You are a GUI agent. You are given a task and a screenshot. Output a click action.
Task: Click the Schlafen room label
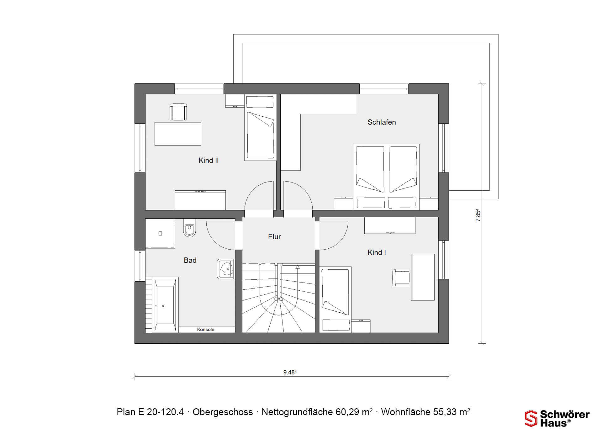(382, 122)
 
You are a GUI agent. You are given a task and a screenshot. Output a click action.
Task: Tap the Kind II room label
(209, 161)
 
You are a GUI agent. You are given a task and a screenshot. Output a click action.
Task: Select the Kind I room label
(377, 252)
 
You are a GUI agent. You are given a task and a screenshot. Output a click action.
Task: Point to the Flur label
(274, 237)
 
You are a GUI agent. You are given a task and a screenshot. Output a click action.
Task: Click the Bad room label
(190, 260)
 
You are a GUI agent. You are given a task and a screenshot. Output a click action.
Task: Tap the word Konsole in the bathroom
(206, 330)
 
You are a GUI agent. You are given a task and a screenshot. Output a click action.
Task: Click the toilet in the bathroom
(189, 228)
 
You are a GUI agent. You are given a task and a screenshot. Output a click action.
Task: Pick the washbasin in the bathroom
(226, 269)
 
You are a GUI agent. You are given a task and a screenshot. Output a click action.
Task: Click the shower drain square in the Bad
(160, 233)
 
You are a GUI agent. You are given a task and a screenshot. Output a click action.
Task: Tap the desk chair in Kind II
(178, 112)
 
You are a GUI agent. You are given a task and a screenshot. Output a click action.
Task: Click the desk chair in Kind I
(401, 278)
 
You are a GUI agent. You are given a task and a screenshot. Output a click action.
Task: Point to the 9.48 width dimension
(290, 373)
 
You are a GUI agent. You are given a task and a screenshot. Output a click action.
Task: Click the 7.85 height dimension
(478, 215)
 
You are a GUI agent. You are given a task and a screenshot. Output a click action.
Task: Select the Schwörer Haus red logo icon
(531, 419)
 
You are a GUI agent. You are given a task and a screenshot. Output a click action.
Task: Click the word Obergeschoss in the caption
(223, 412)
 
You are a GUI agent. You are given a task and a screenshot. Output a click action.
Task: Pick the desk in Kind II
(178, 134)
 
